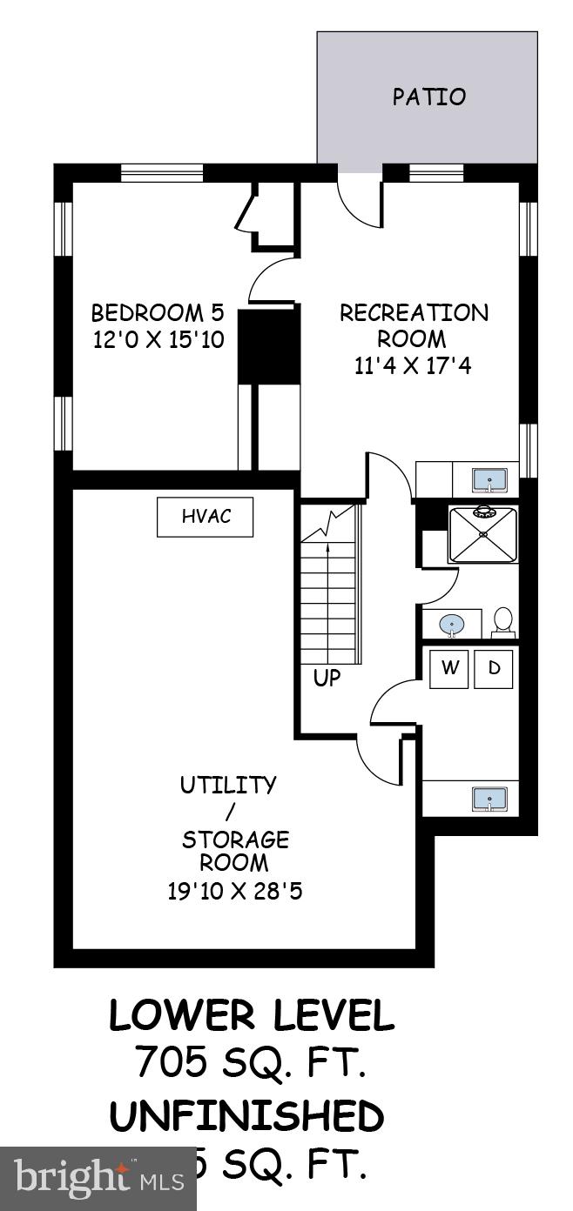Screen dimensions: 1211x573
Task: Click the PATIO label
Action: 428,97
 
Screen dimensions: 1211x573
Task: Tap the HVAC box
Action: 206,517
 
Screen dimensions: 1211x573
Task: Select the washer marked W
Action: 449,668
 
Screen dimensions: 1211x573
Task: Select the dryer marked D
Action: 494,668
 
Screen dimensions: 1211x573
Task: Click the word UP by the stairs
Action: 327,678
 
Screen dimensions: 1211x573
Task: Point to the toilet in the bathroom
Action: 503,620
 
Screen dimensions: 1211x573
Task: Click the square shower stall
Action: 482,534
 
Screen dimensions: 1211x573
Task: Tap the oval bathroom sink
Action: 451,624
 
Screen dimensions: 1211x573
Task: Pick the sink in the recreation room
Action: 489,478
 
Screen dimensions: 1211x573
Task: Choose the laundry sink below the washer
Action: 489,798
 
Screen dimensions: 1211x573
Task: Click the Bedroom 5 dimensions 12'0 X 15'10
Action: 158,339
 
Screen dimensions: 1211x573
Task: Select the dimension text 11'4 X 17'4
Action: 413,366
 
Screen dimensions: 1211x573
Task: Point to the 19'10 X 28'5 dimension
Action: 233,892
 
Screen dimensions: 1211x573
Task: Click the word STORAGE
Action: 235,840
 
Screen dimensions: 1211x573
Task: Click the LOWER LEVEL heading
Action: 251,1016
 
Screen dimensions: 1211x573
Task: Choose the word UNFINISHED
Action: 246,1117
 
